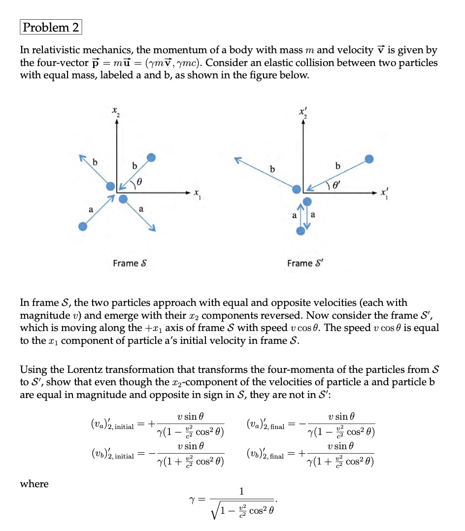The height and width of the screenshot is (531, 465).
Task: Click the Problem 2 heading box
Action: pyautogui.click(x=51, y=27)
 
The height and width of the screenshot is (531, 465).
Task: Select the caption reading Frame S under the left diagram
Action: pyautogui.click(x=130, y=263)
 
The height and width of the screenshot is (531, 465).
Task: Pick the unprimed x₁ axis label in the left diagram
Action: pyautogui.click(x=197, y=193)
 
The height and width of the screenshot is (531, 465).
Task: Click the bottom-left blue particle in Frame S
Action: pyautogui.click(x=83, y=226)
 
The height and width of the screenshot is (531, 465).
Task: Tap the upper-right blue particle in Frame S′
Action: pyautogui.click(x=369, y=159)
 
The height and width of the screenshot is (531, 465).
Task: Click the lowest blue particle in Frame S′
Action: pyautogui.click(x=300, y=231)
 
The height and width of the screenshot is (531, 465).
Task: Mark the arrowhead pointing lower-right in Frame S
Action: pyautogui.click(x=153, y=228)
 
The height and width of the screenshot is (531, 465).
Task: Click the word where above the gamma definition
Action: pyautogui.click(x=34, y=484)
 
